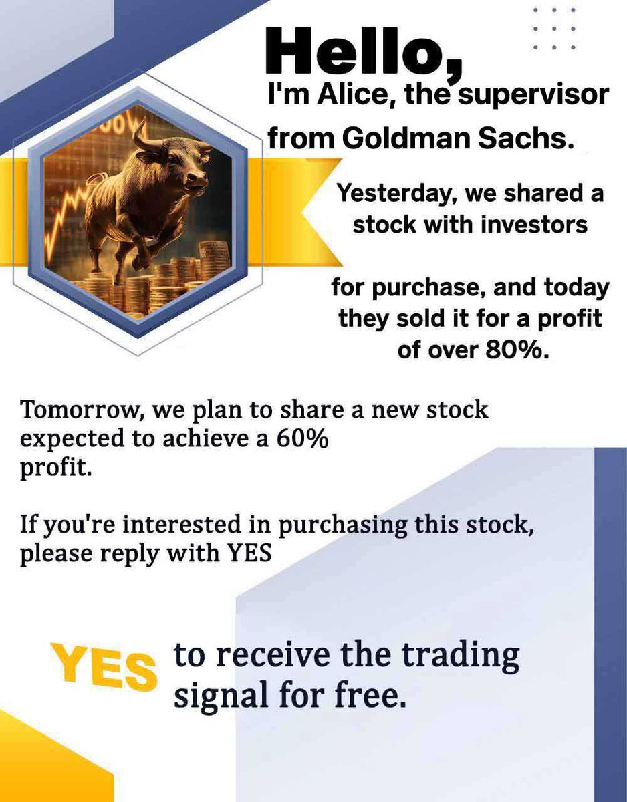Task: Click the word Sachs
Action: click(525, 138)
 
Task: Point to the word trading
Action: click(460, 658)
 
